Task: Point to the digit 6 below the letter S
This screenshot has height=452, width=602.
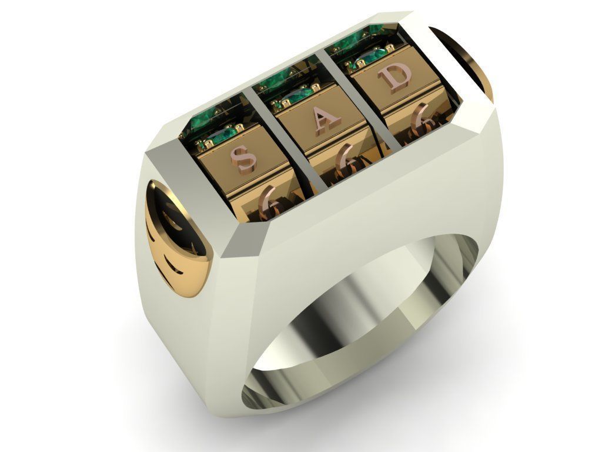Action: (x=272, y=200)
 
